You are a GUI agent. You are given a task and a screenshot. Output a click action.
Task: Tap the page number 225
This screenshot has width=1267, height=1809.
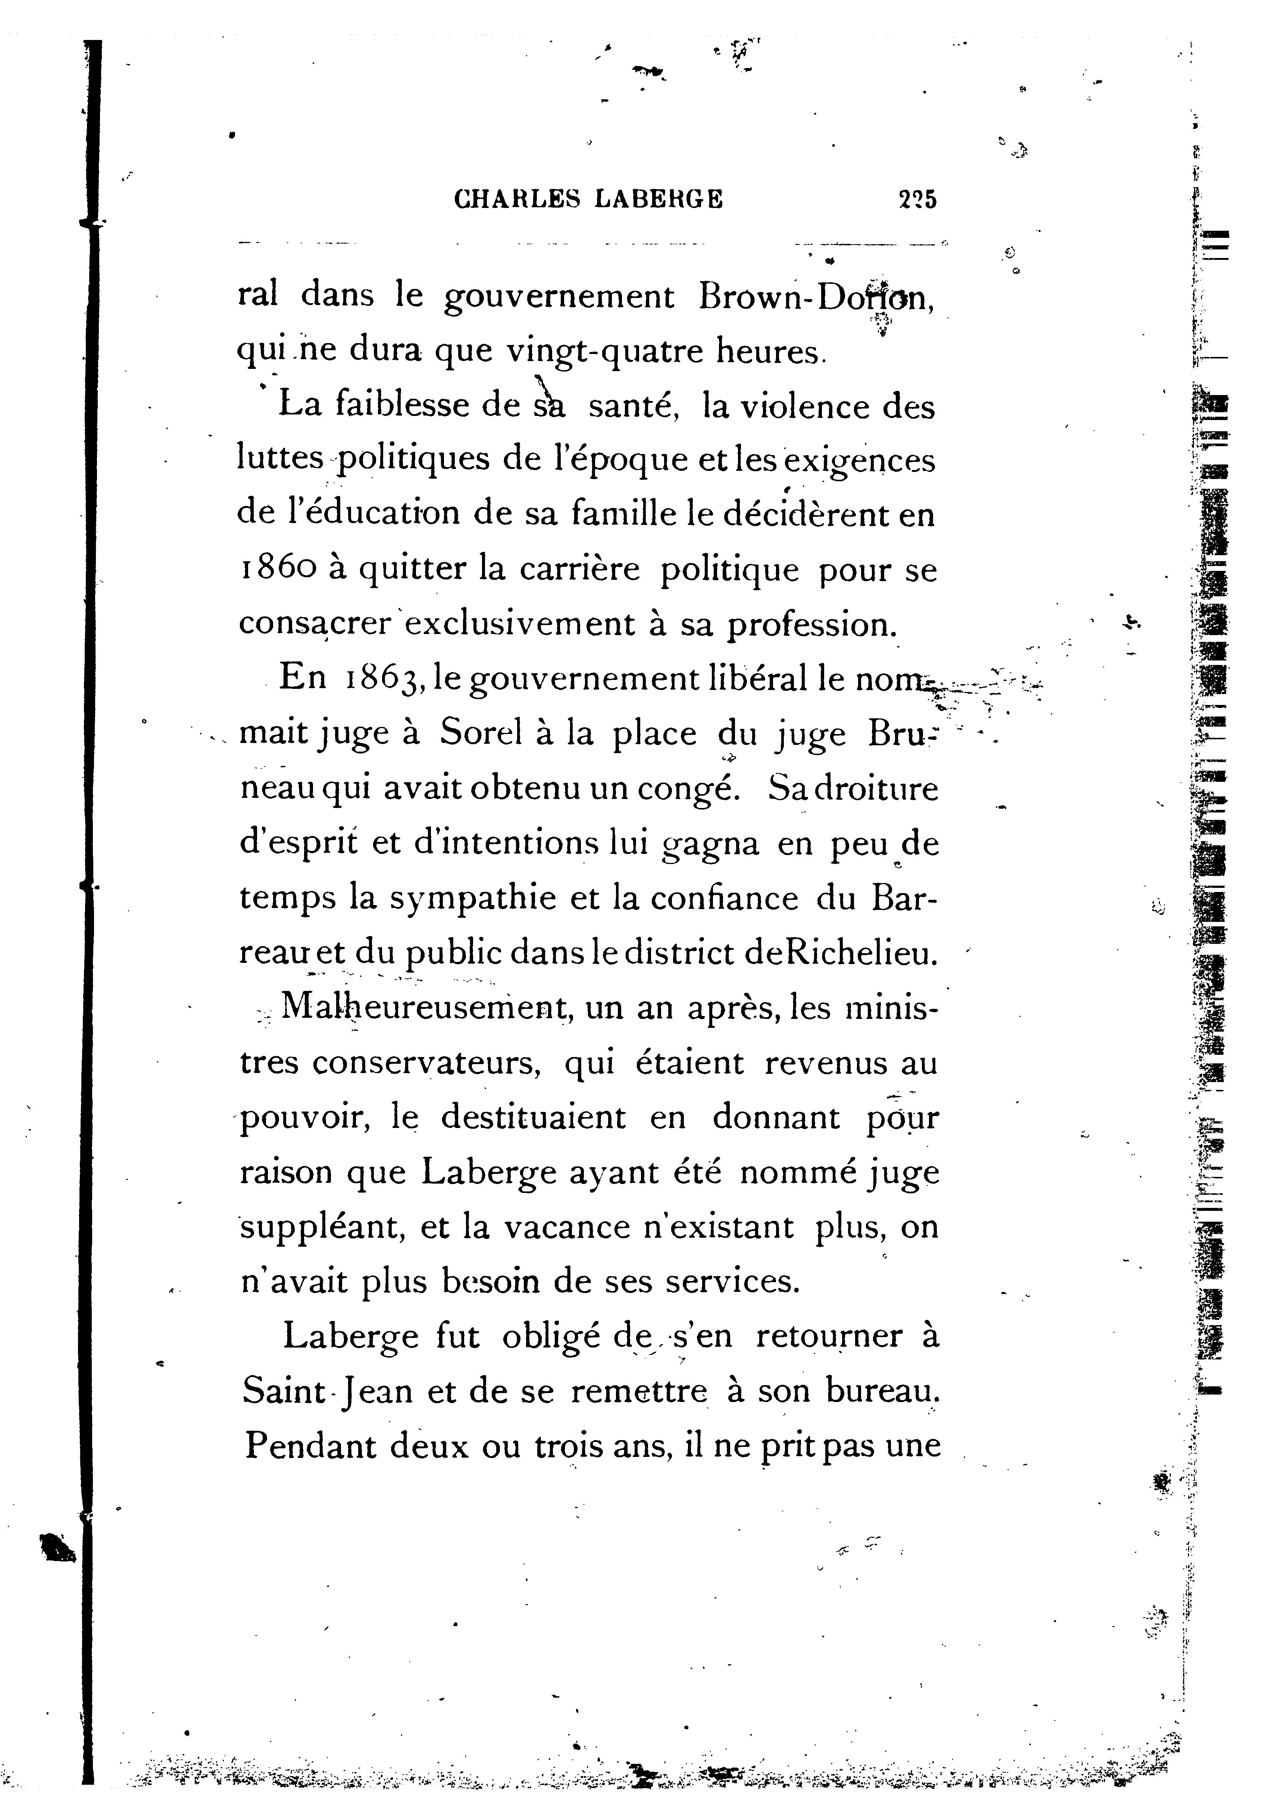point(917,199)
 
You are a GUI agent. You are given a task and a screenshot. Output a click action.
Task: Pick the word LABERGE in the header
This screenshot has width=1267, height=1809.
point(658,199)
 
